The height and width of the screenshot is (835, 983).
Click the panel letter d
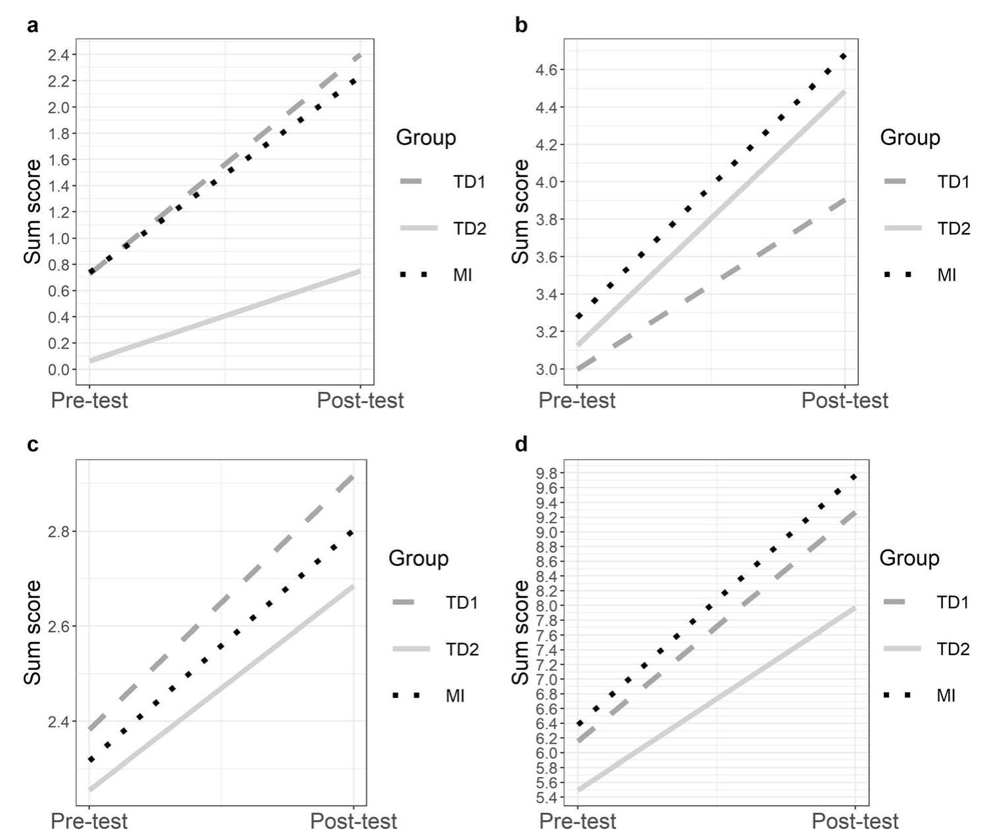click(521, 445)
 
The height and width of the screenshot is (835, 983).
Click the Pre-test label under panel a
click(89, 400)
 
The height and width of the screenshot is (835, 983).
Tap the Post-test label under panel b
click(844, 400)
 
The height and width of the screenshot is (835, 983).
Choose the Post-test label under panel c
click(353, 821)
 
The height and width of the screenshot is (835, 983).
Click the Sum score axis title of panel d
click(521, 632)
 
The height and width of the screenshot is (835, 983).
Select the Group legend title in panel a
click(426, 138)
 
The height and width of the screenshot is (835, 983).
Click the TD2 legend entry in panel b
click(953, 228)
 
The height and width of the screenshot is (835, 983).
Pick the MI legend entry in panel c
click(455, 696)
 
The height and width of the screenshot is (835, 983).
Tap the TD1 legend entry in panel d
click(952, 602)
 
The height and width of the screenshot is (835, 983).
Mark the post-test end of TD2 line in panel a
click(360, 271)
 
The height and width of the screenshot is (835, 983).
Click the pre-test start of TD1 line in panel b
click(578, 369)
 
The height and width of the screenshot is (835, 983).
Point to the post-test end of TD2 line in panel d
click(854, 609)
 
